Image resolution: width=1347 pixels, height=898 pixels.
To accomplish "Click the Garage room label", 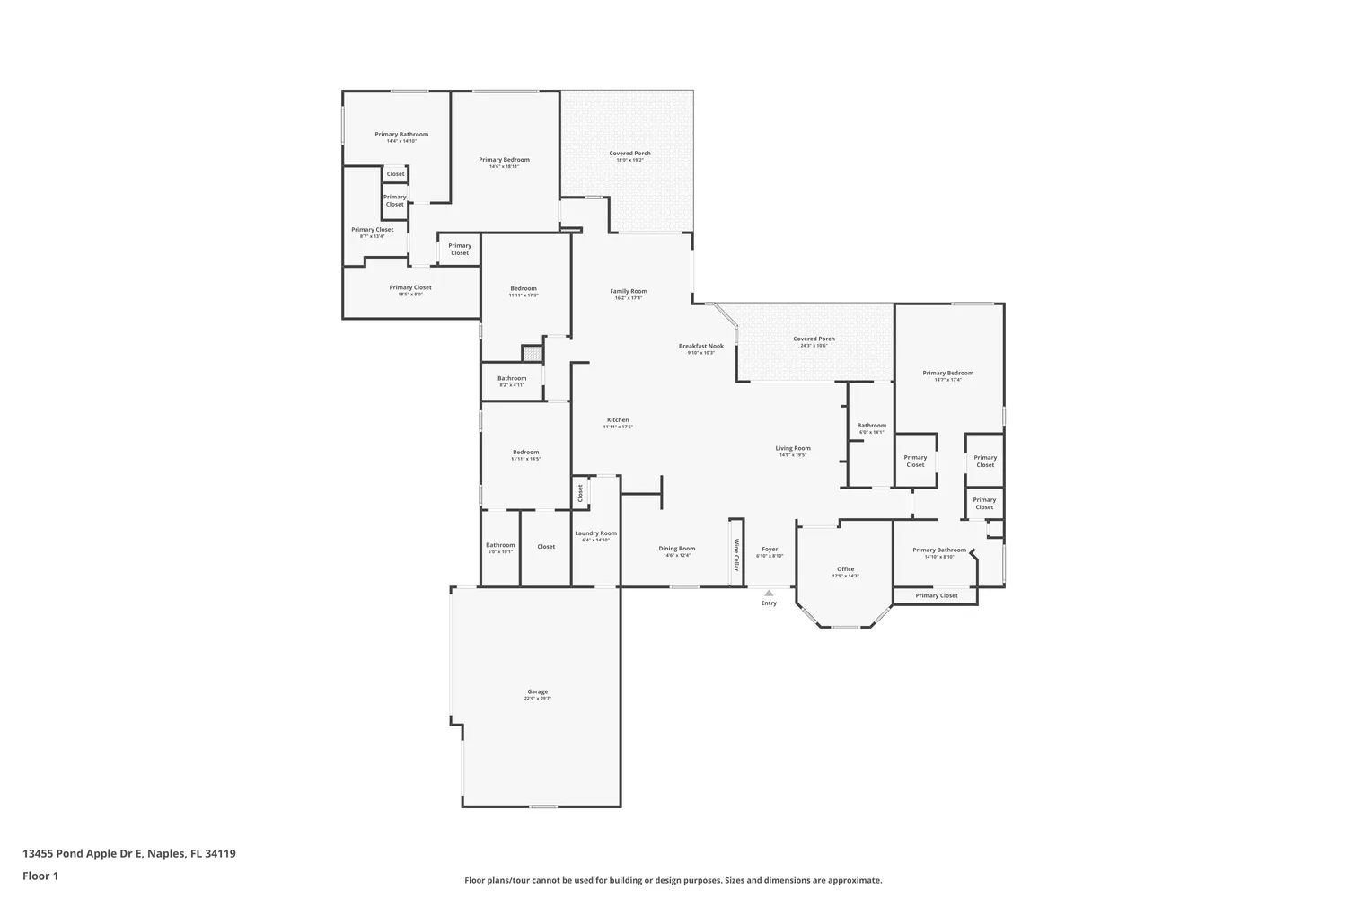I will (x=537, y=694).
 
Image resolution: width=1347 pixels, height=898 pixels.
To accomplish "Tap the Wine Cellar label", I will (x=736, y=555).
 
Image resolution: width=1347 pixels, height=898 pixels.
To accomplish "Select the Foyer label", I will (x=770, y=551).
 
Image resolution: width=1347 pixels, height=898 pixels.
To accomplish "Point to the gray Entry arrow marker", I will (x=769, y=593).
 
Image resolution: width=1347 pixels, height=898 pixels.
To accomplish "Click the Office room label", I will (x=845, y=571).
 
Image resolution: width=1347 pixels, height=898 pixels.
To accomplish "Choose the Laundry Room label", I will (x=595, y=536).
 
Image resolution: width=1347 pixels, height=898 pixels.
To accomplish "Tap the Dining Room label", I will (x=676, y=551).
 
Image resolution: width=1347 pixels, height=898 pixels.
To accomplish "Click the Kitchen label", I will (x=618, y=423).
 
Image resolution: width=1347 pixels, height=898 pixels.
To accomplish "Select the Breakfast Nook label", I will (x=700, y=348).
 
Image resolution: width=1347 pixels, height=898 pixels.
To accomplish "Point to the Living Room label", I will (x=793, y=451).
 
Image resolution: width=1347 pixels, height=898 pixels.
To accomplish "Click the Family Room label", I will (x=628, y=294).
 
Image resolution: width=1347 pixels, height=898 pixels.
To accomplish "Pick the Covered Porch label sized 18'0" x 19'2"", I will (x=629, y=156).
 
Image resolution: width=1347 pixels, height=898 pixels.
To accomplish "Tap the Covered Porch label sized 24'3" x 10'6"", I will (x=814, y=341).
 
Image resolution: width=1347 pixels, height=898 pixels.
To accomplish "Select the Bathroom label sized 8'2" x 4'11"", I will (x=512, y=381).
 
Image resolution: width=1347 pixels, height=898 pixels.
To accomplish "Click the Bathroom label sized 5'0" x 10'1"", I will (x=500, y=548).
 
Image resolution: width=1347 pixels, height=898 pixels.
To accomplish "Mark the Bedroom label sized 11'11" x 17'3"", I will (x=524, y=291).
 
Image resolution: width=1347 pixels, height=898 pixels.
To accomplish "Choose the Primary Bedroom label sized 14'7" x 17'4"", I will (x=947, y=375).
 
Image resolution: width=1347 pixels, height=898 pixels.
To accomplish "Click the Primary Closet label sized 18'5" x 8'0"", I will (x=410, y=290).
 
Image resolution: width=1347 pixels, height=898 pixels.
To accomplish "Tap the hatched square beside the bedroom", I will (x=533, y=353).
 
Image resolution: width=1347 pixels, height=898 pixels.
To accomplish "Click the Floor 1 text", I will (x=40, y=876).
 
